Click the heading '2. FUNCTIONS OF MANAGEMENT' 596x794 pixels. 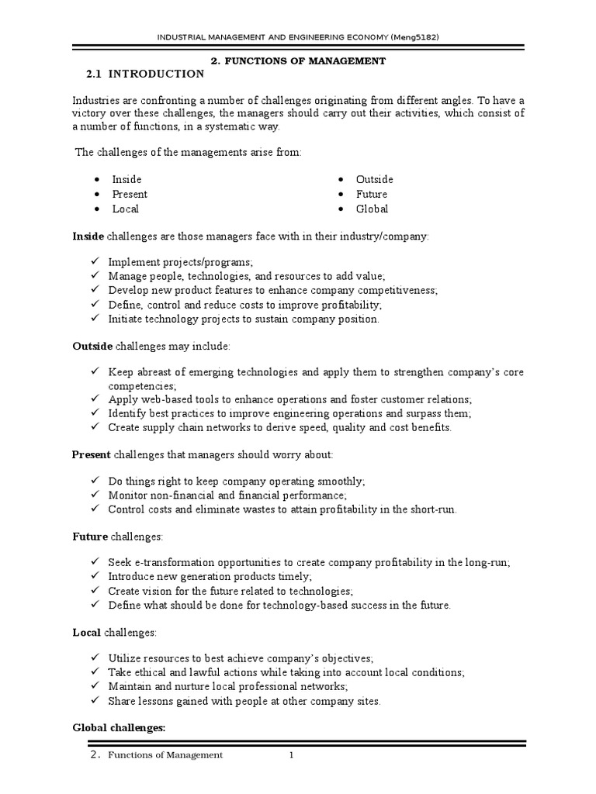pos(299,60)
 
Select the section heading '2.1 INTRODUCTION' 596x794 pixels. pos(145,74)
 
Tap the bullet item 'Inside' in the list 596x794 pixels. pos(126,179)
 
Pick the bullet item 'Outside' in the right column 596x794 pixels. pos(374,179)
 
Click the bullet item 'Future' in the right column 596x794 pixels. pos(371,194)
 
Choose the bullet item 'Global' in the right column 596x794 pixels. pos(372,209)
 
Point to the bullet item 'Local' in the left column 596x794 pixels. pos(125,209)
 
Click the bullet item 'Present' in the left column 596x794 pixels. pos(129,194)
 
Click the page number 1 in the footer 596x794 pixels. pos(291,755)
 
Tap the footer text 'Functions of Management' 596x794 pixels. pos(165,755)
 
